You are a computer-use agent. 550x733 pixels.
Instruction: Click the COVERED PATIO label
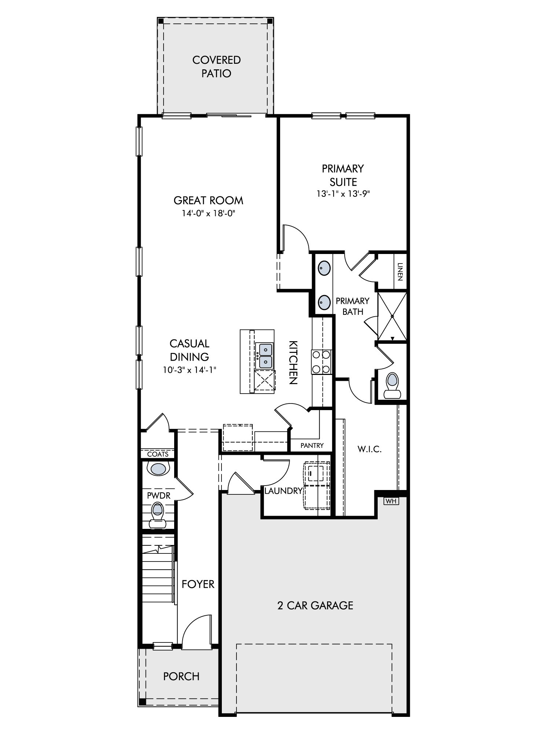(x=216, y=66)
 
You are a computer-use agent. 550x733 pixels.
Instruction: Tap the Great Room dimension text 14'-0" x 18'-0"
(x=208, y=213)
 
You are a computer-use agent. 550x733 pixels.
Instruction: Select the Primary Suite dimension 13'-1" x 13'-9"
(x=343, y=194)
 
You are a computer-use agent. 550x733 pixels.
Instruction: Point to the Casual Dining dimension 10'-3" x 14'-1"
(x=190, y=370)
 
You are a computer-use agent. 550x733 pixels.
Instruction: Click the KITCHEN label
(x=293, y=362)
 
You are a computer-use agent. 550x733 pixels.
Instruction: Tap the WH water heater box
(x=391, y=501)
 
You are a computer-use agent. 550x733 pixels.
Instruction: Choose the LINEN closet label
(x=400, y=272)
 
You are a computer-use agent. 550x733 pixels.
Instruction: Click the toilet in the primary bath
(x=392, y=386)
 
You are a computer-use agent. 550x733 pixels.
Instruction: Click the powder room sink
(x=158, y=469)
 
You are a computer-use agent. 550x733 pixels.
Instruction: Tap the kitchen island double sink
(x=264, y=356)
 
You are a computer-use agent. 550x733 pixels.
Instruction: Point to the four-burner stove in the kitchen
(x=321, y=362)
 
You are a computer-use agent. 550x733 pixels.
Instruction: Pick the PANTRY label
(x=312, y=446)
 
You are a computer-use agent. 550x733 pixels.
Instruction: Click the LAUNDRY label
(x=283, y=491)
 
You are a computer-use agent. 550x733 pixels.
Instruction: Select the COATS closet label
(x=158, y=454)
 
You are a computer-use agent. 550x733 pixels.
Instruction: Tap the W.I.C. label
(x=370, y=449)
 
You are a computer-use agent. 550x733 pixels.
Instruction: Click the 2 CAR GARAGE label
(x=315, y=605)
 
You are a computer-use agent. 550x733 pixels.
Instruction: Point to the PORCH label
(x=181, y=676)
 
